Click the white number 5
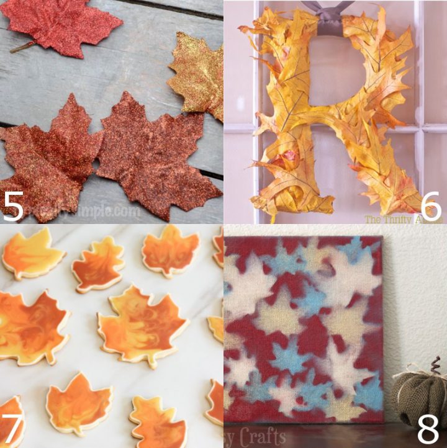tap(14, 207)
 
